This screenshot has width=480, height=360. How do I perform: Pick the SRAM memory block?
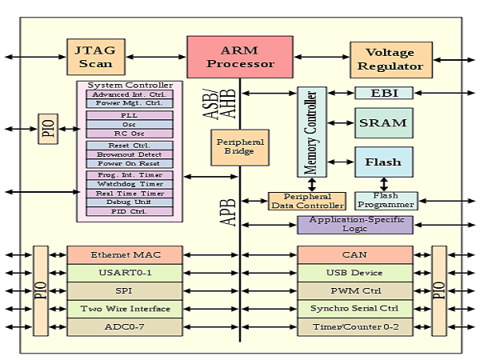pos(383,123)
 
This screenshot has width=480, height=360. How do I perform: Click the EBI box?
pos(383,93)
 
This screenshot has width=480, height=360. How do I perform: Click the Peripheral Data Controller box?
pos(306,201)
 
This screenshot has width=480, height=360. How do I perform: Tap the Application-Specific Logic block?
pos(354,225)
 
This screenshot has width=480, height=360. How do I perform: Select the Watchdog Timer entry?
pos(130,184)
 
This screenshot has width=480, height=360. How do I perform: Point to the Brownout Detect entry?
pos(130,154)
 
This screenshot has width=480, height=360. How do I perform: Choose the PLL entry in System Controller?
pos(130,115)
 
